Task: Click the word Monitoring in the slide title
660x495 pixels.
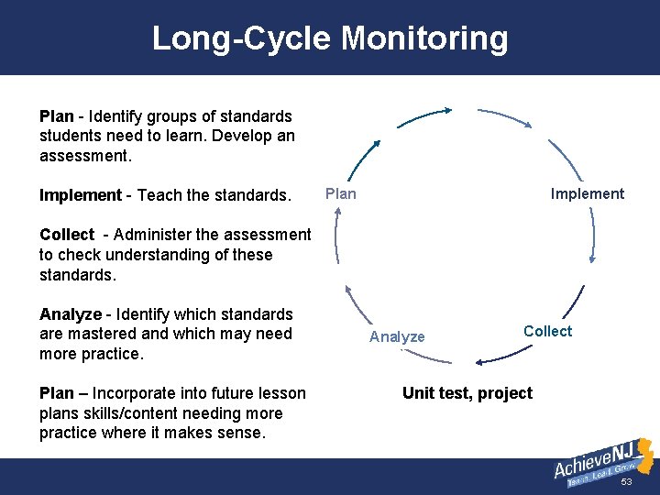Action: [x=424, y=38]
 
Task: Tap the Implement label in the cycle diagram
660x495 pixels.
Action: [x=587, y=193]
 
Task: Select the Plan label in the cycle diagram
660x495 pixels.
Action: [x=341, y=193]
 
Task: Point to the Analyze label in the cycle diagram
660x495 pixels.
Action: [x=397, y=336]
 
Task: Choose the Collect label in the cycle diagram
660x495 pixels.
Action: [x=547, y=331]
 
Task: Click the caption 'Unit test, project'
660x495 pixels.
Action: [x=467, y=393]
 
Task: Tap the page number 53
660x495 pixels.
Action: [x=626, y=482]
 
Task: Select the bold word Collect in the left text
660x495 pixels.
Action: [x=67, y=235]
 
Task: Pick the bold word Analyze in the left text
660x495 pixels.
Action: [x=69, y=314]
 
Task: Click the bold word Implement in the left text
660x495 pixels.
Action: [x=80, y=195]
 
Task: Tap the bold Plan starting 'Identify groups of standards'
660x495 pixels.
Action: [x=56, y=116]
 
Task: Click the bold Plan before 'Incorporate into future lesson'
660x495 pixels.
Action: [x=56, y=393]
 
